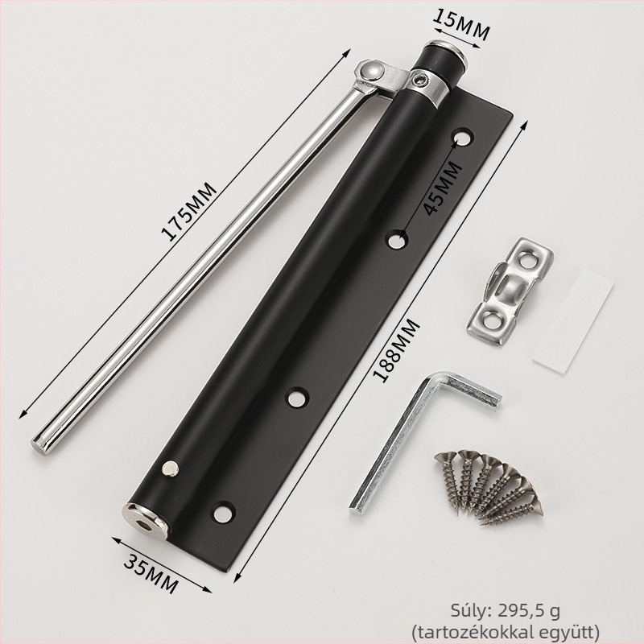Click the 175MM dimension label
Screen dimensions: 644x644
188,211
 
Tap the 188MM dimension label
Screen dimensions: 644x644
397,350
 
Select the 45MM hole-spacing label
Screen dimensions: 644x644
442,188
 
